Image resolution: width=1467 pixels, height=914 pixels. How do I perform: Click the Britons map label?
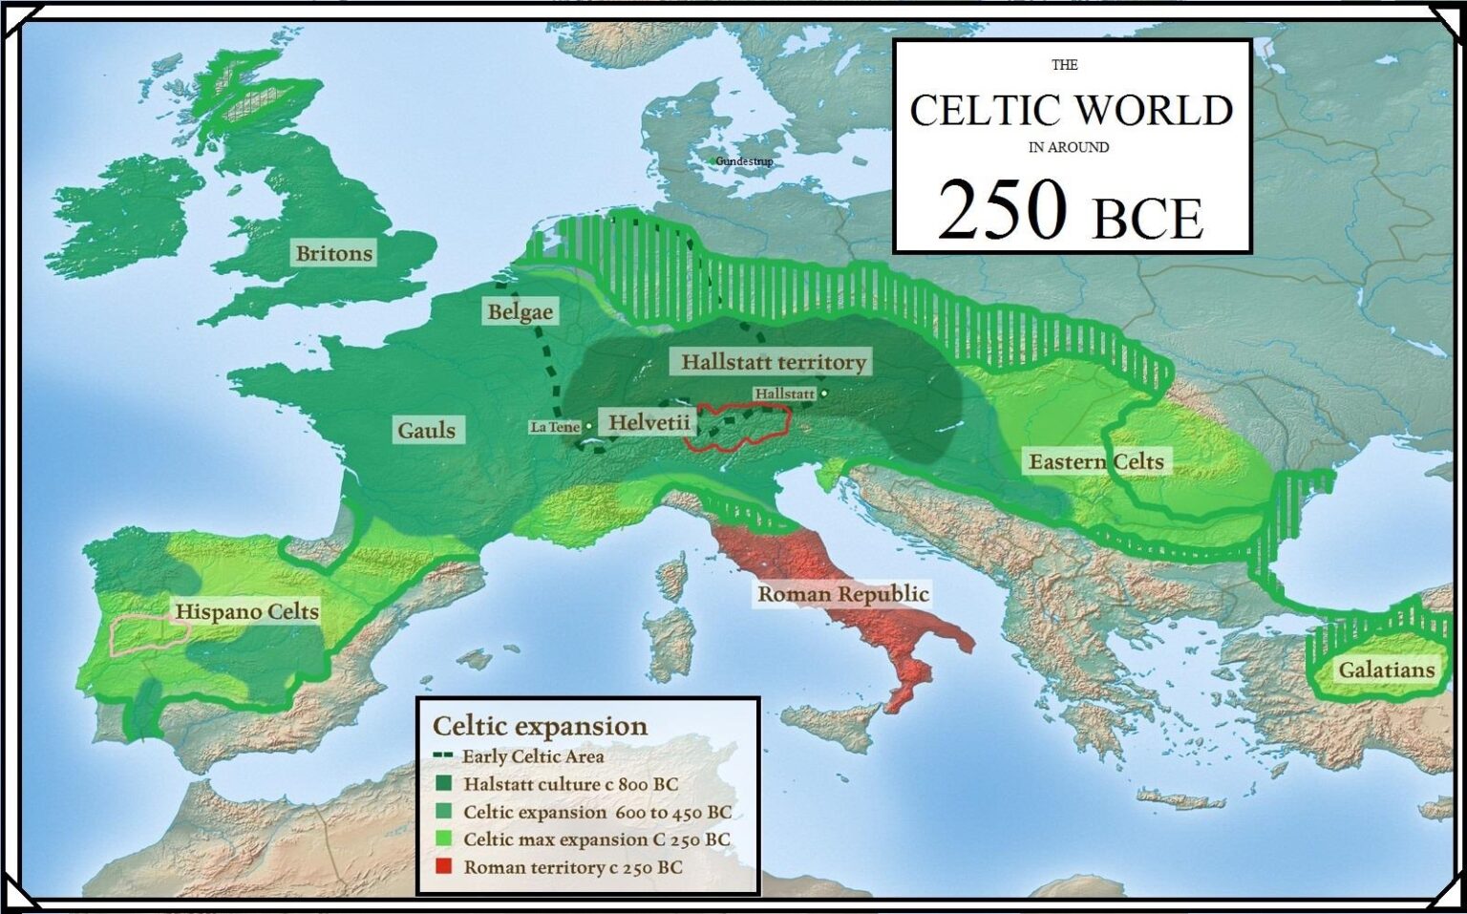333,253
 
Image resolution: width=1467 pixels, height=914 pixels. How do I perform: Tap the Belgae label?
520,311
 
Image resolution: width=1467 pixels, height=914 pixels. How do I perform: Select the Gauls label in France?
426,430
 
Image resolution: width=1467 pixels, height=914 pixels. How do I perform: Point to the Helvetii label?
649,422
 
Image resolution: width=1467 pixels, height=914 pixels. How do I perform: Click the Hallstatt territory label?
774,362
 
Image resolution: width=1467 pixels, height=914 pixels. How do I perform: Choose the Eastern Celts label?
1095,462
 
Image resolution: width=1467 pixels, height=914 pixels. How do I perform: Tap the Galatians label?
1386,670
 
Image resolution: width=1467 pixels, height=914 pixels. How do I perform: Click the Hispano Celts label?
246,611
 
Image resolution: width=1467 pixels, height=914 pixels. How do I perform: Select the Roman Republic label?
842,594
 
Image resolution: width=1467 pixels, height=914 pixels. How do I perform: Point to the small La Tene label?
555,427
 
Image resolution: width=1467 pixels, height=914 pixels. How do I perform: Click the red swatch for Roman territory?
443,867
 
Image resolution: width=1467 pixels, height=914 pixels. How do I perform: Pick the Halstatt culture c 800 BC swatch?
443,784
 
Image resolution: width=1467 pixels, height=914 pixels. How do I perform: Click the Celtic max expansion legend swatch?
443,840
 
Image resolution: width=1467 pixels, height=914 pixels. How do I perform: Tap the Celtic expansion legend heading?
540,726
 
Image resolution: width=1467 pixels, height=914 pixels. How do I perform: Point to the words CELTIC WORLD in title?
1071,110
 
